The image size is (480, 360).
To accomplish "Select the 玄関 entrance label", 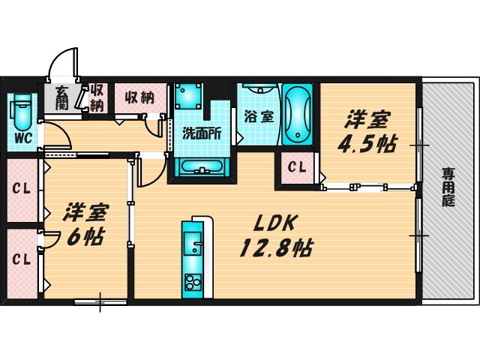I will coord(61,97).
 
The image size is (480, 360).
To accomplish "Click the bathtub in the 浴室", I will coord(298,115).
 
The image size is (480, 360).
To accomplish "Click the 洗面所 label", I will coord(202,134).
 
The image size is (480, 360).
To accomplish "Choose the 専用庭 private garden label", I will coord(448,187).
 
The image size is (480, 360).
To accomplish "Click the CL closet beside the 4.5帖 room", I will coord(298,166).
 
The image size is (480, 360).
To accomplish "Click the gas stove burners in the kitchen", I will coord(193,283).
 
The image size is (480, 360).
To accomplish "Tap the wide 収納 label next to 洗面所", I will coord(139,96).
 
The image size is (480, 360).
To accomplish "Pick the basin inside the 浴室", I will coord(259,89).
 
